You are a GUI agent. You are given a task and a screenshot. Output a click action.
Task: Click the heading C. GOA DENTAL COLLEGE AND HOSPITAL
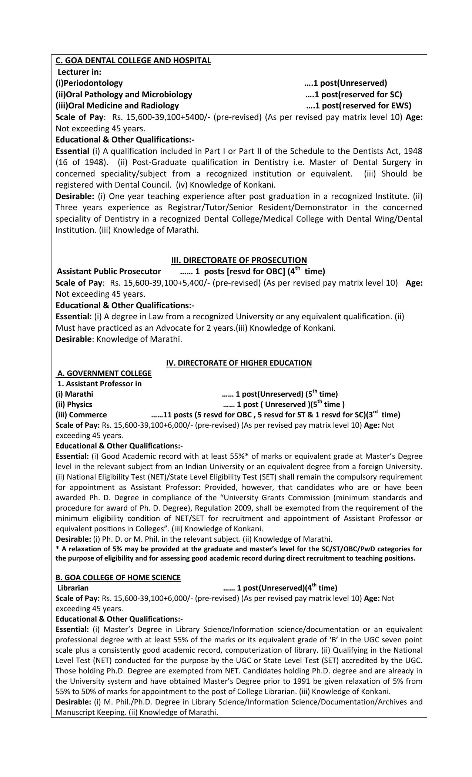tap(133, 60)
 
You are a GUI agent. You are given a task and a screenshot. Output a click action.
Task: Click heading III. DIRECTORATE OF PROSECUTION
tap(239, 260)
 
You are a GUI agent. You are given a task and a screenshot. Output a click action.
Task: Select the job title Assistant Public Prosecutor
tap(109, 272)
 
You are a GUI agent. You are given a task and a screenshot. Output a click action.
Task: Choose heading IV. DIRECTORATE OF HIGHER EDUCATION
tap(239, 363)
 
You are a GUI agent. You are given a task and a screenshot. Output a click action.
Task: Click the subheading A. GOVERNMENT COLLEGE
tap(104, 373)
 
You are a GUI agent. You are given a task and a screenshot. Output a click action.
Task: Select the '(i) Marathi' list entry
tap(74, 394)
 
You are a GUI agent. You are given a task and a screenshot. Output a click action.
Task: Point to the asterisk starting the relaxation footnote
tap(57, 549)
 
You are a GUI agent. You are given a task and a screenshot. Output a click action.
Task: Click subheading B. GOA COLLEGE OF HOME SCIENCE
tap(118, 578)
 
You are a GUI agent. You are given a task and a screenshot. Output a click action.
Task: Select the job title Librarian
tap(73, 588)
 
